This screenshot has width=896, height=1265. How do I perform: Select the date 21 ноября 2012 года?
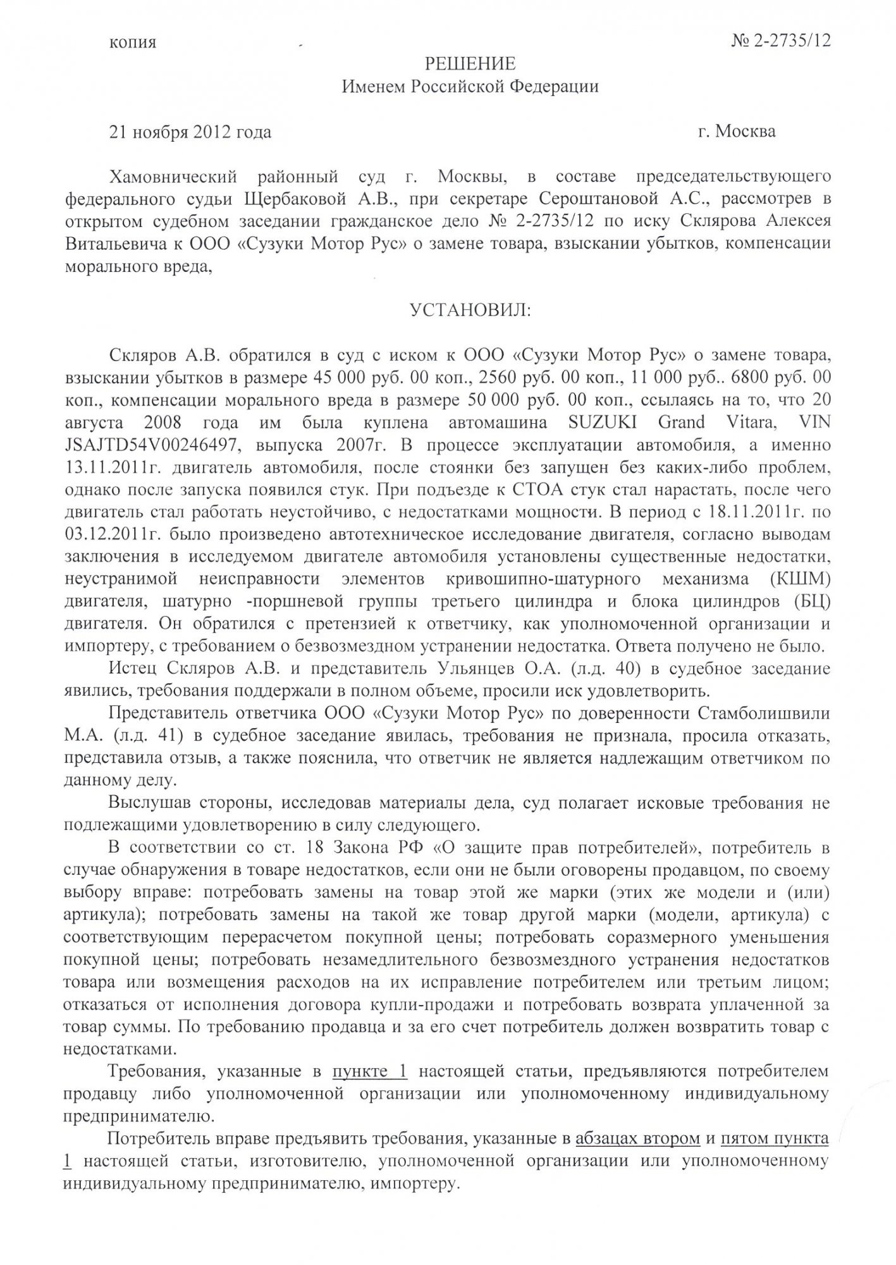(x=190, y=132)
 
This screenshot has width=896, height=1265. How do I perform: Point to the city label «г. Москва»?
(x=737, y=132)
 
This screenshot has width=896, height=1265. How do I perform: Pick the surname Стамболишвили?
(x=763, y=713)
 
